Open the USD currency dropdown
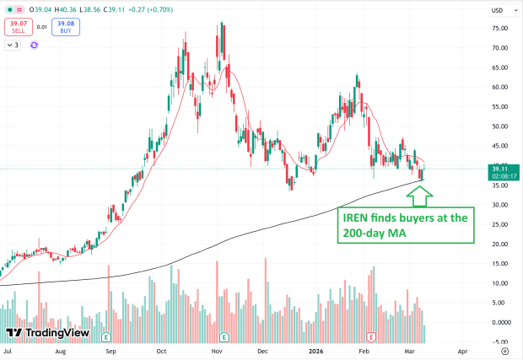pos(500,10)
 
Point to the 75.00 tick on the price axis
pos(499,28)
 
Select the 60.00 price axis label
pos(499,87)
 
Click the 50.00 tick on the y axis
pos(499,126)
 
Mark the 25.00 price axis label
pos(499,224)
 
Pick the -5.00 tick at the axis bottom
pos(499,341)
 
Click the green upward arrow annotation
pos(420,196)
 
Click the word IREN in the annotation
pos(358,218)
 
